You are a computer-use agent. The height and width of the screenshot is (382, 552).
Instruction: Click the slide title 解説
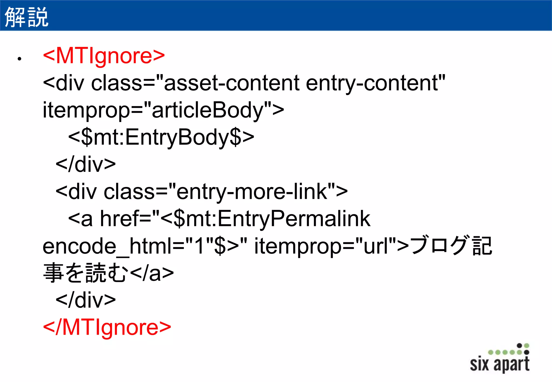pyautogui.click(x=26, y=17)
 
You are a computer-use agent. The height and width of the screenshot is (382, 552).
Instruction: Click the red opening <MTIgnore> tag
pyautogui.click(x=104, y=56)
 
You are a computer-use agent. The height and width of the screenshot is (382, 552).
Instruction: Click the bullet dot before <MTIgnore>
pyautogui.click(x=19, y=58)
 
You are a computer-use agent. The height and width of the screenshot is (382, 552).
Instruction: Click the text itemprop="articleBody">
pyautogui.click(x=163, y=110)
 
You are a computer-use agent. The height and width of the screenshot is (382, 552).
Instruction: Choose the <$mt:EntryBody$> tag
pyautogui.click(x=161, y=137)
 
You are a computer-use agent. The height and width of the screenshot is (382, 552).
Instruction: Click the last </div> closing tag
pyautogui.click(x=86, y=300)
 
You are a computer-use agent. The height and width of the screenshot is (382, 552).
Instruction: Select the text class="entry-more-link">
pyautogui.click(x=226, y=191)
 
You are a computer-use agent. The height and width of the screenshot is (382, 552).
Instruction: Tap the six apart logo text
pyautogui.click(x=500, y=364)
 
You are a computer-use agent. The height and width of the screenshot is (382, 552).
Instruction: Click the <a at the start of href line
pyautogui.click(x=81, y=218)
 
